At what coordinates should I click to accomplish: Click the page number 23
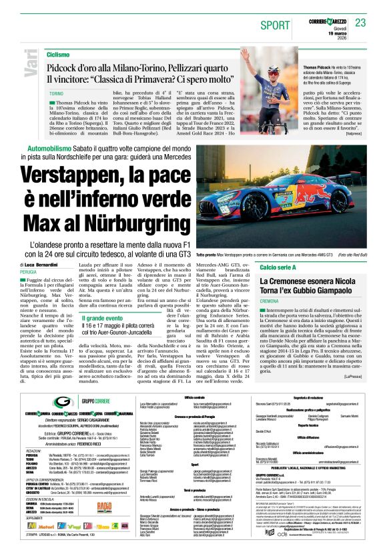click(360, 23)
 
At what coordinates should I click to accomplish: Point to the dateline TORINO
click(56, 95)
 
